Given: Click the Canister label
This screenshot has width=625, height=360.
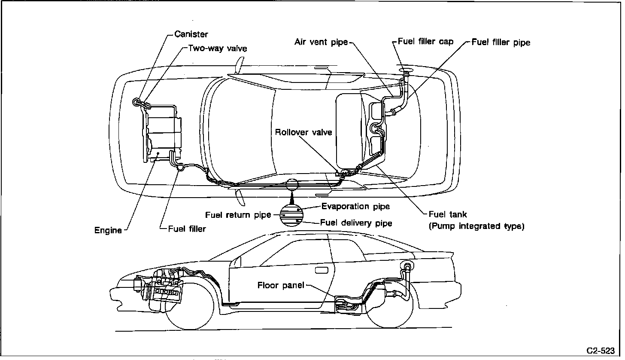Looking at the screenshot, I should click(191, 34).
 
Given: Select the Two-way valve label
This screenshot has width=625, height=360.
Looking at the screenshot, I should click(218, 48).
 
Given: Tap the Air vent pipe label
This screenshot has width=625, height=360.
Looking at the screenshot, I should click(321, 42).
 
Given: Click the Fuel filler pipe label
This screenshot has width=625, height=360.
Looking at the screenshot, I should click(501, 42).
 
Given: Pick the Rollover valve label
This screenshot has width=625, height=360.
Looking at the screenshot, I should click(303, 132).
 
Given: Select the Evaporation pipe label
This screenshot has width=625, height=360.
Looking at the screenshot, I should click(355, 206).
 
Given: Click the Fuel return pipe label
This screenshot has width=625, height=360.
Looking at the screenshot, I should click(238, 214).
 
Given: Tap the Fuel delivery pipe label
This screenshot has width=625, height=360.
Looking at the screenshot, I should click(356, 223).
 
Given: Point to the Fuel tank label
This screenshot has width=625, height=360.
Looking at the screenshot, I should click(448, 214).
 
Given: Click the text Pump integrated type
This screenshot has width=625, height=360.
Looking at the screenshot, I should click(476, 226).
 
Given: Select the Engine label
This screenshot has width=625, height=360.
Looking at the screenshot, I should click(108, 230).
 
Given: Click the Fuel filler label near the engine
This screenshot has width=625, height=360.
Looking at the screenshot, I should click(187, 229).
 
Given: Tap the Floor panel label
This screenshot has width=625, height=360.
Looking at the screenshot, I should click(281, 285).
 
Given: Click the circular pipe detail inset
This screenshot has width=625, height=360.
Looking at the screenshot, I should click(292, 215).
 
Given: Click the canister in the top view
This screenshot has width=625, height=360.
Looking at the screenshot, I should click(137, 101).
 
